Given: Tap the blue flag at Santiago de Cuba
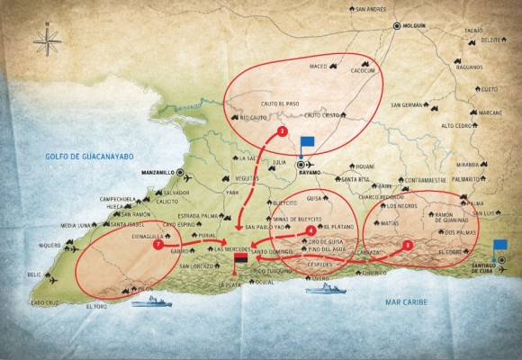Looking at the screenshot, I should (500, 246).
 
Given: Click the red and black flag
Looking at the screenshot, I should (240, 261).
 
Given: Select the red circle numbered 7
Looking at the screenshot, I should (158, 243).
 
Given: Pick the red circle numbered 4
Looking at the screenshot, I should (310, 230).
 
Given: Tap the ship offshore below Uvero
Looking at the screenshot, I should (326, 290).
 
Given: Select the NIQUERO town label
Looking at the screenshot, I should (50, 245).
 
